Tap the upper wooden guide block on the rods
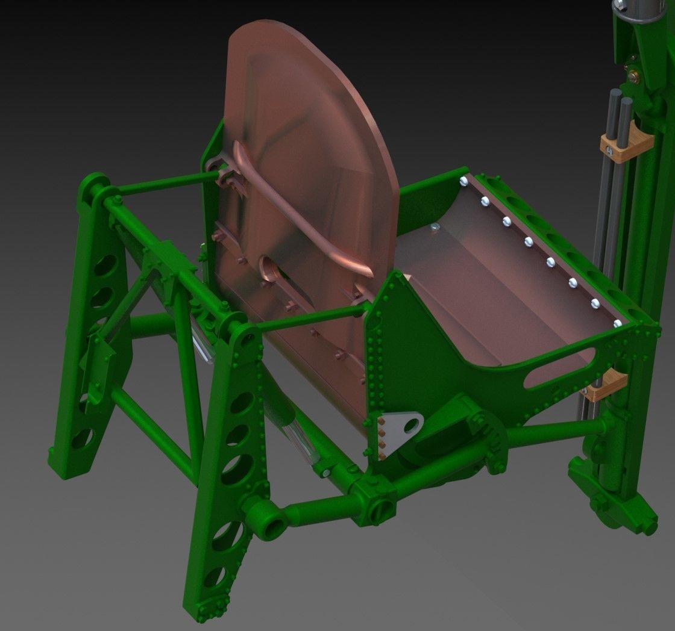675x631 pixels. [627, 143]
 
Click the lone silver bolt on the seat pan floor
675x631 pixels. [435, 227]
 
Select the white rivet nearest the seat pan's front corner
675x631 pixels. [617, 323]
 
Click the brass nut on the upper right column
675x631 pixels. [634, 76]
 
